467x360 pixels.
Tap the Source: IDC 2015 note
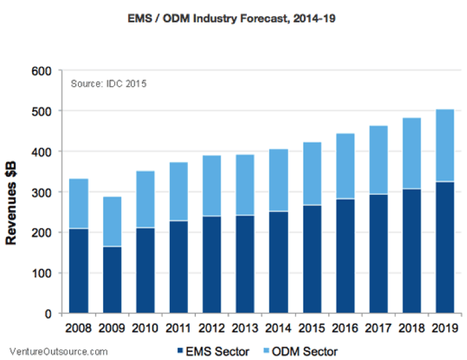(x=109, y=83)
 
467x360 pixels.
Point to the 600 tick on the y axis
(x=45, y=71)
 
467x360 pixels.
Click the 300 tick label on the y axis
(x=45, y=192)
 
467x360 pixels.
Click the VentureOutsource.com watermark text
(x=59, y=351)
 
